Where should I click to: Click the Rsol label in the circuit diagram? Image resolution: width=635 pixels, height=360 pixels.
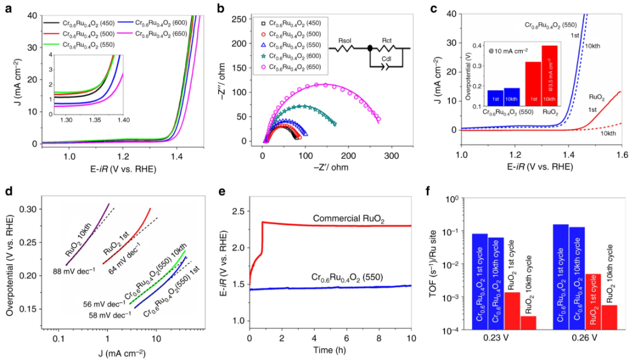[x=345, y=41]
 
